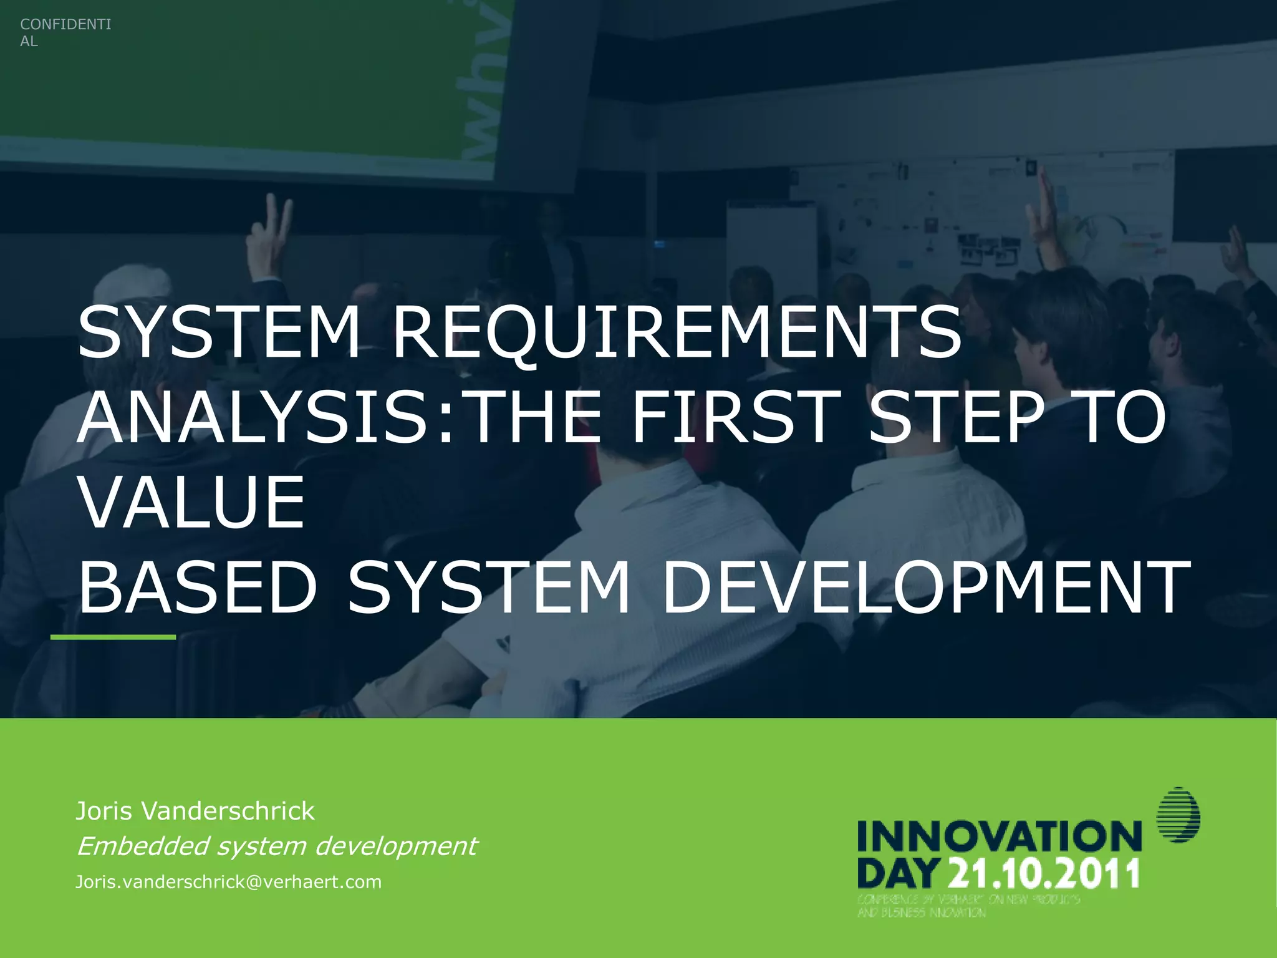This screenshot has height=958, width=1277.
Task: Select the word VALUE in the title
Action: (x=192, y=502)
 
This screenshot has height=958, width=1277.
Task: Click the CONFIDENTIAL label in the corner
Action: (x=65, y=32)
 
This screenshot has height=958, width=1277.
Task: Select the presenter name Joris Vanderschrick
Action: (x=195, y=811)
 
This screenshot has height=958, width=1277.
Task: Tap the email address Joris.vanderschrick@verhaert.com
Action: (x=228, y=882)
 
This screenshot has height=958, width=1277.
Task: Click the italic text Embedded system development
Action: (x=276, y=846)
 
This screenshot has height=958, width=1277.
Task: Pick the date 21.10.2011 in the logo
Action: (x=1045, y=873)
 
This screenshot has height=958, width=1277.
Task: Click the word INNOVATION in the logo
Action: (x=999, y=837)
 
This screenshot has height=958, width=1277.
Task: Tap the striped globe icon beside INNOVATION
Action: (x=1178, y=815)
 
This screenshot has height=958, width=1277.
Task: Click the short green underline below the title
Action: (x=113, y=637)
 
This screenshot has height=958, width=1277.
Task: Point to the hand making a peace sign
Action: (x=269, y=234)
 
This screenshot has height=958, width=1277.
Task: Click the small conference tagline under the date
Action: (x=968, y=906)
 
